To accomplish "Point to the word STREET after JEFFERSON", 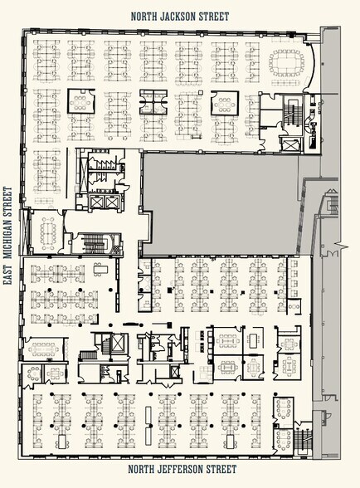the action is (223, 469).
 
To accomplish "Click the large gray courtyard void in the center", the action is (219, 204).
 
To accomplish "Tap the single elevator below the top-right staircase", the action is (290, 144).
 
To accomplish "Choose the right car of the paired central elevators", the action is (111, 203).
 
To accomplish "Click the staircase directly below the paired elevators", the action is (95, 244).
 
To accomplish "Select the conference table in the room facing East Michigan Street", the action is (47, 231).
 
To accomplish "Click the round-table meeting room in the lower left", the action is (32, 373).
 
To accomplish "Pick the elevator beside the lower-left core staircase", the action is (119, 344).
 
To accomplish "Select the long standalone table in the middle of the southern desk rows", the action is (148, 422).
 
